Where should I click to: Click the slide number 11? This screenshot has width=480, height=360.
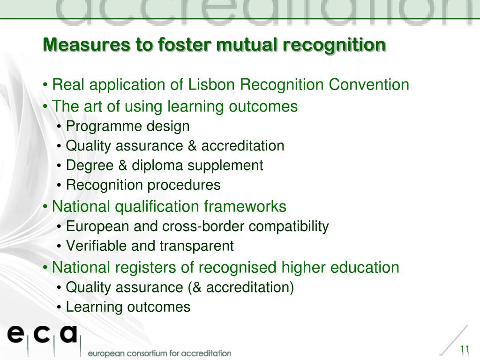click(x=465, y=349)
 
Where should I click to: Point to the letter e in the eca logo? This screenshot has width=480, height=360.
click(x=15, y=334)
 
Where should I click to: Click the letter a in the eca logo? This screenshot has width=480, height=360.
click(x=68, y=334)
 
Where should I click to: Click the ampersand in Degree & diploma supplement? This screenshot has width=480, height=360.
click(x=122, y=165)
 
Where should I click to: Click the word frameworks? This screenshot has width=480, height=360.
click(x=245, y=206)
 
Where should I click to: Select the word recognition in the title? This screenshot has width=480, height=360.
click(x=334, y=45)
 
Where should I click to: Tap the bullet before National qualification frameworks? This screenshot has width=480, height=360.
click(x=45, y=207)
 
